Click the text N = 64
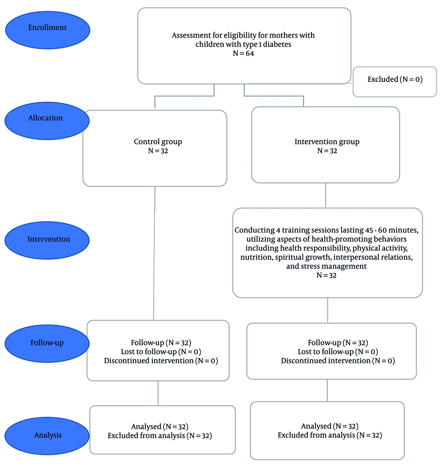(243, 53)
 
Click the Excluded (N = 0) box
(395, 80)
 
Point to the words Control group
(158, 142)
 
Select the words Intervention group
(327, 142)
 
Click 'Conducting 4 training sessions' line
(327, 230)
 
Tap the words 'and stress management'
(327, 266)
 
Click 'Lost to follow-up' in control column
(160, 352)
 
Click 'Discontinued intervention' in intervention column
(338, 360)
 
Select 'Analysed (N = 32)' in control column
(160, 427)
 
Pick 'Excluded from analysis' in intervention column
(330, 435)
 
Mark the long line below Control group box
(154, 252)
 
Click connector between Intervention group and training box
(326, 195)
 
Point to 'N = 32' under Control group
(158, 151)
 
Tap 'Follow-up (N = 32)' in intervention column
(338, 343)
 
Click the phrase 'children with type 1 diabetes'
(243, 44)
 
